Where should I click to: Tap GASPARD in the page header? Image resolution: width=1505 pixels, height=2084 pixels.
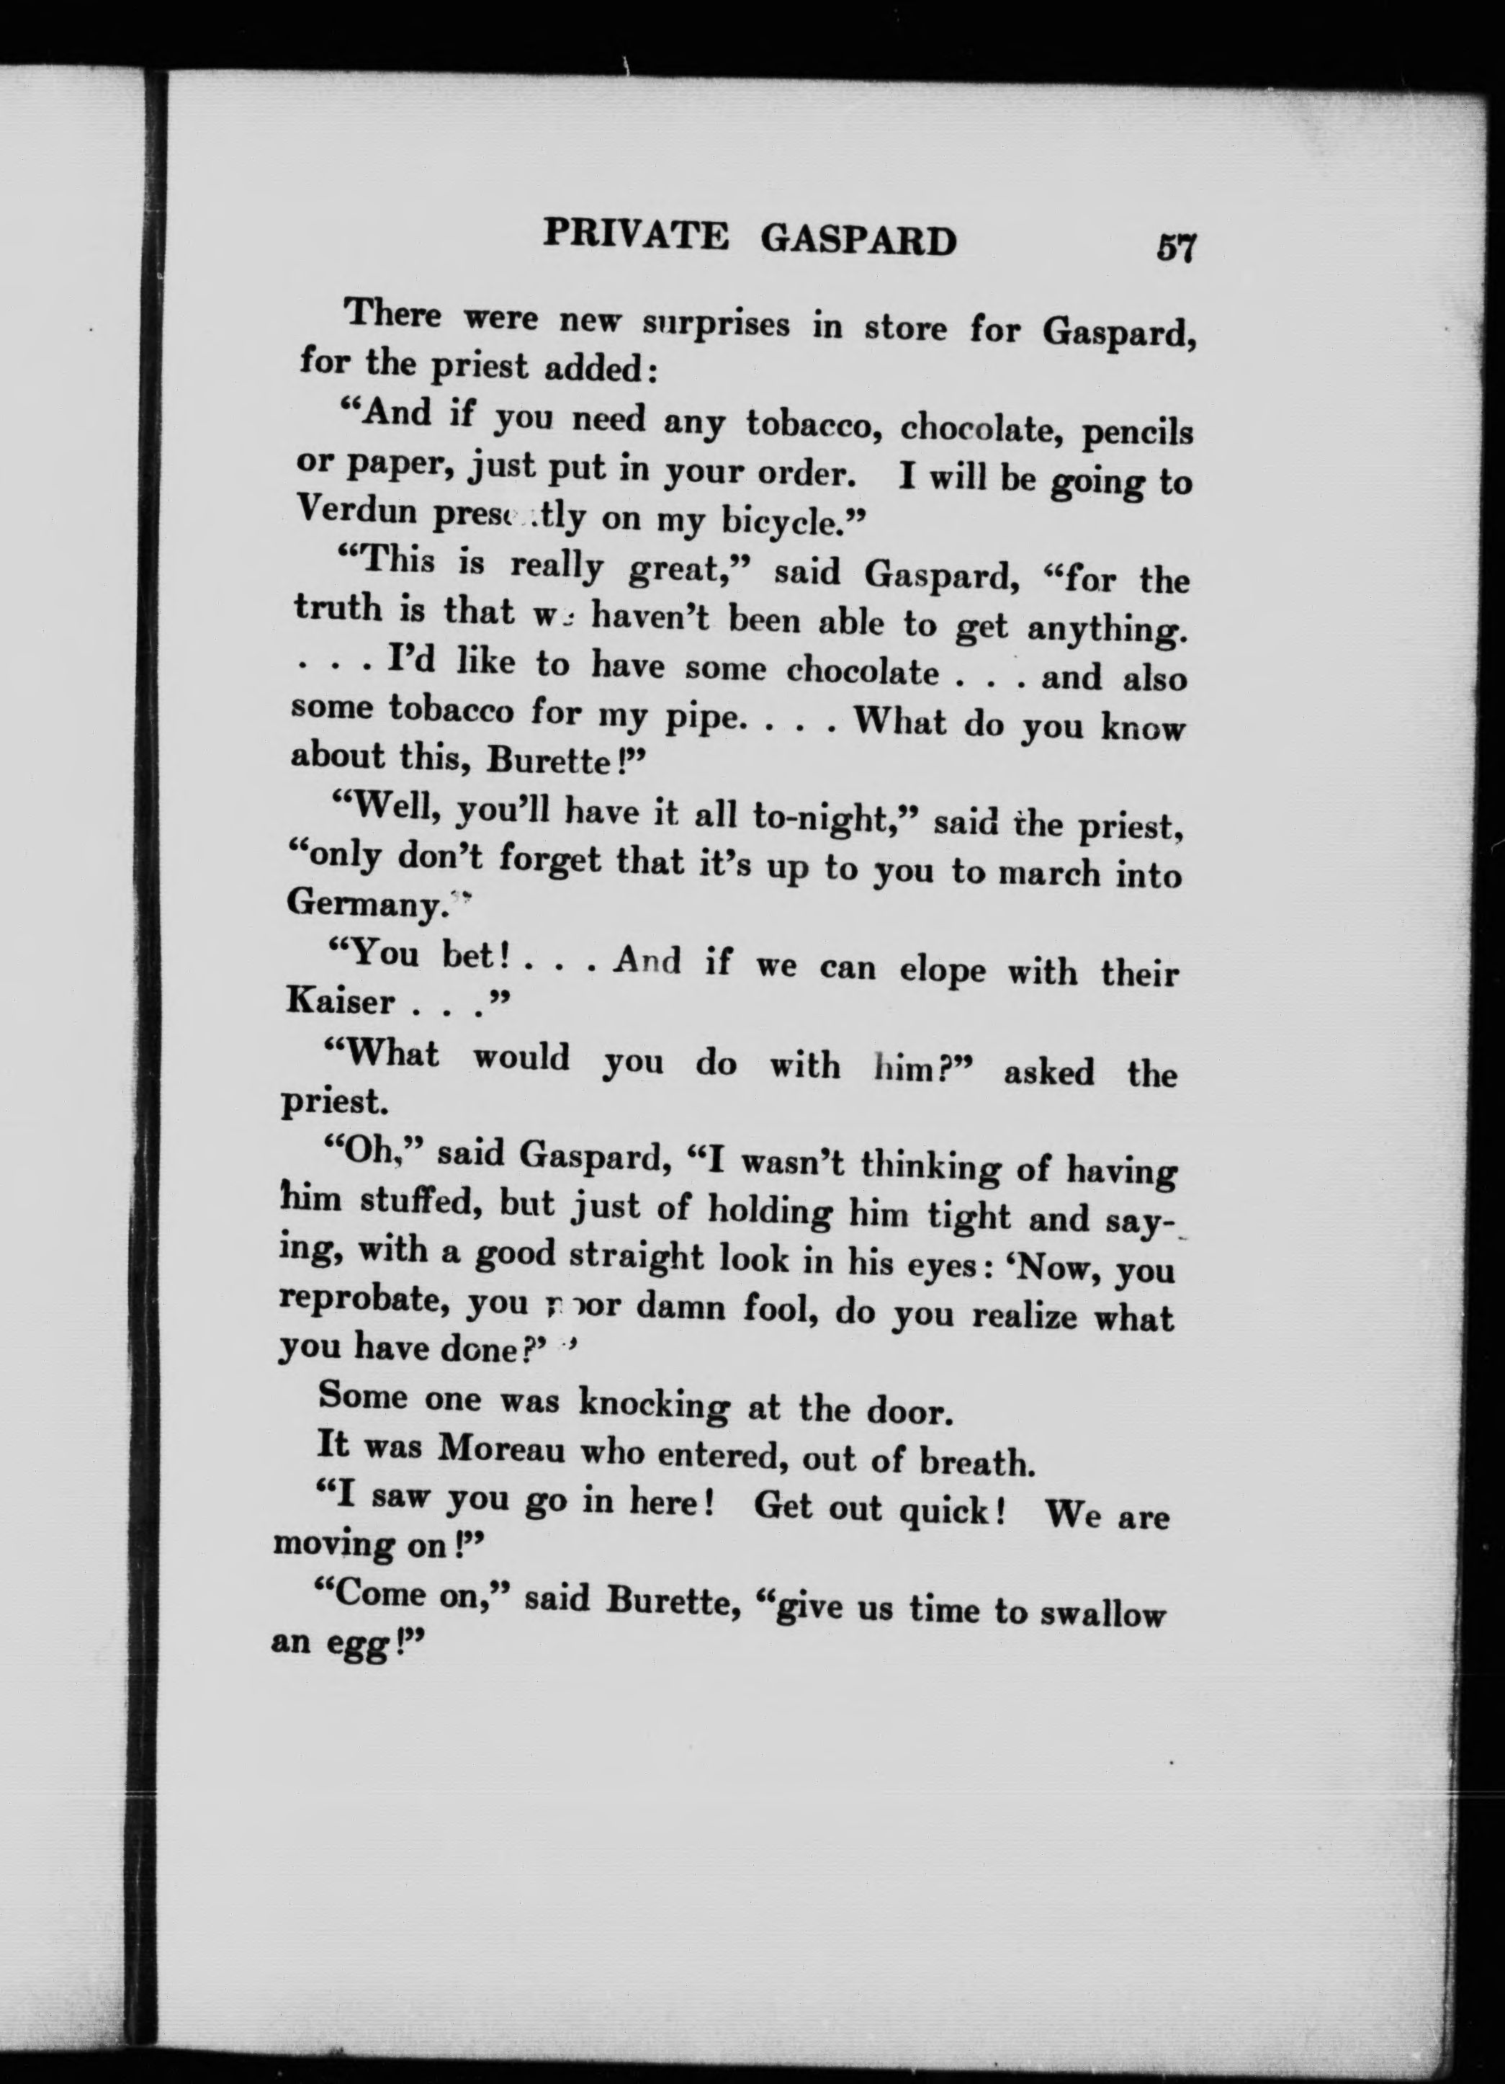pyautogui.click(x=858, y=241)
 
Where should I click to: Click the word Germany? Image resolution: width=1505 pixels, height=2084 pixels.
pyautogui.click(x=365, y=905)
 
